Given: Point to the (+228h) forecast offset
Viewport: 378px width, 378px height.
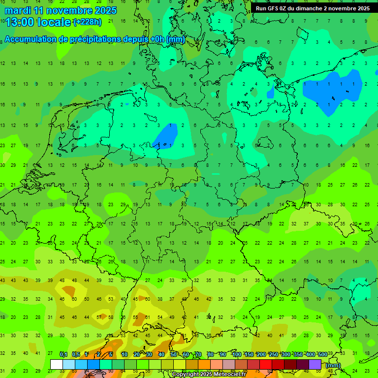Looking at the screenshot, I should tap(87, 22).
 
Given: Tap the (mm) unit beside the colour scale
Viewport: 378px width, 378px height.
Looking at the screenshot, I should tap(333, 365).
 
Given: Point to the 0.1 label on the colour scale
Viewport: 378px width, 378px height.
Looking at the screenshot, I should tap(63, 355).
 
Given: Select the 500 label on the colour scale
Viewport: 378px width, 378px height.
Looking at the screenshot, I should tap(322, 355).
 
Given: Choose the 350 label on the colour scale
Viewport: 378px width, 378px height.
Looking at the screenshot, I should tap(298, 355).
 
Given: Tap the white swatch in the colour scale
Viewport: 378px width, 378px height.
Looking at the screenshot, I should tap(57, 365).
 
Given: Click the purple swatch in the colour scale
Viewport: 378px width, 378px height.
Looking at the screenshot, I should tap(315, 365).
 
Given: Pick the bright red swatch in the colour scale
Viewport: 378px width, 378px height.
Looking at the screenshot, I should tap(266, 365).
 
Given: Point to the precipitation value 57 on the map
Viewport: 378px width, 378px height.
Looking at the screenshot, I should tap(99, 317).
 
